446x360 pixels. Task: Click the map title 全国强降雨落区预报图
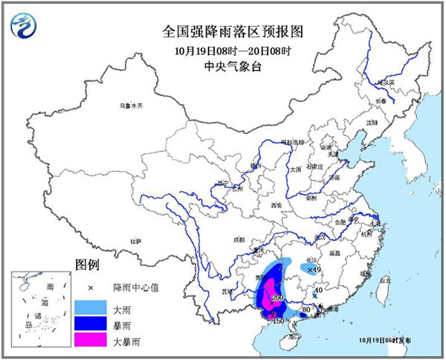223,33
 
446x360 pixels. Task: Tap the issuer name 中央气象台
223,66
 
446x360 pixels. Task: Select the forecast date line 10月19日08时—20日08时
223,51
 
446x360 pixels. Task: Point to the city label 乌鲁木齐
130,106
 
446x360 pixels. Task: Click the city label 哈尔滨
379,83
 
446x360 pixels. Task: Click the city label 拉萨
135,241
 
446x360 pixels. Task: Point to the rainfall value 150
279,321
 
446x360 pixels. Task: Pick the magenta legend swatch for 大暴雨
90,341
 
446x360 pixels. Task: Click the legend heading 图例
87,265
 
